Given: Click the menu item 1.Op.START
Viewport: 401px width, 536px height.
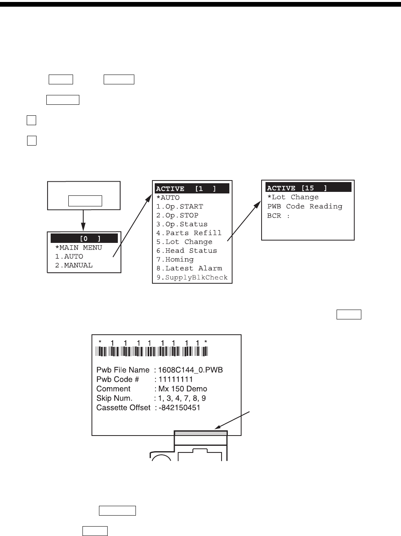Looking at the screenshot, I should pos(179,206).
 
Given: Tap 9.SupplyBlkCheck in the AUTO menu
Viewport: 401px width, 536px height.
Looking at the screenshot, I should pos(192,277).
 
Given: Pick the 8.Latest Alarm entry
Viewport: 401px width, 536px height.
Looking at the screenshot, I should pos(189,268).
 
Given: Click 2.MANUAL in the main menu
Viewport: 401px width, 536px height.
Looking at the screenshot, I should pos(74,265).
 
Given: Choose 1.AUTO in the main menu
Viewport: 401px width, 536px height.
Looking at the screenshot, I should pos(69,257).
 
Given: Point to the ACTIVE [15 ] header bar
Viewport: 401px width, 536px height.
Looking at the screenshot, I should pos(308,188).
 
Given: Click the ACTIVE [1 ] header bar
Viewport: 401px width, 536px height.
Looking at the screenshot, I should pos(192,189).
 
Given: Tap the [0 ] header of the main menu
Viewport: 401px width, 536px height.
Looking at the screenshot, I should pos(84,239).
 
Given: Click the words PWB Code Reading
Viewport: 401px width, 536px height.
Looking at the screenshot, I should pos(305,206).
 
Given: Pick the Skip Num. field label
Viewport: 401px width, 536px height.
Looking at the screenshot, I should pos(114,398).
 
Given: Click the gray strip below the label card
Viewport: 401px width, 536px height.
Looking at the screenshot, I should pos(201,433).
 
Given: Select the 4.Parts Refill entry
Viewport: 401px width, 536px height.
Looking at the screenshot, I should pos(189,233).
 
